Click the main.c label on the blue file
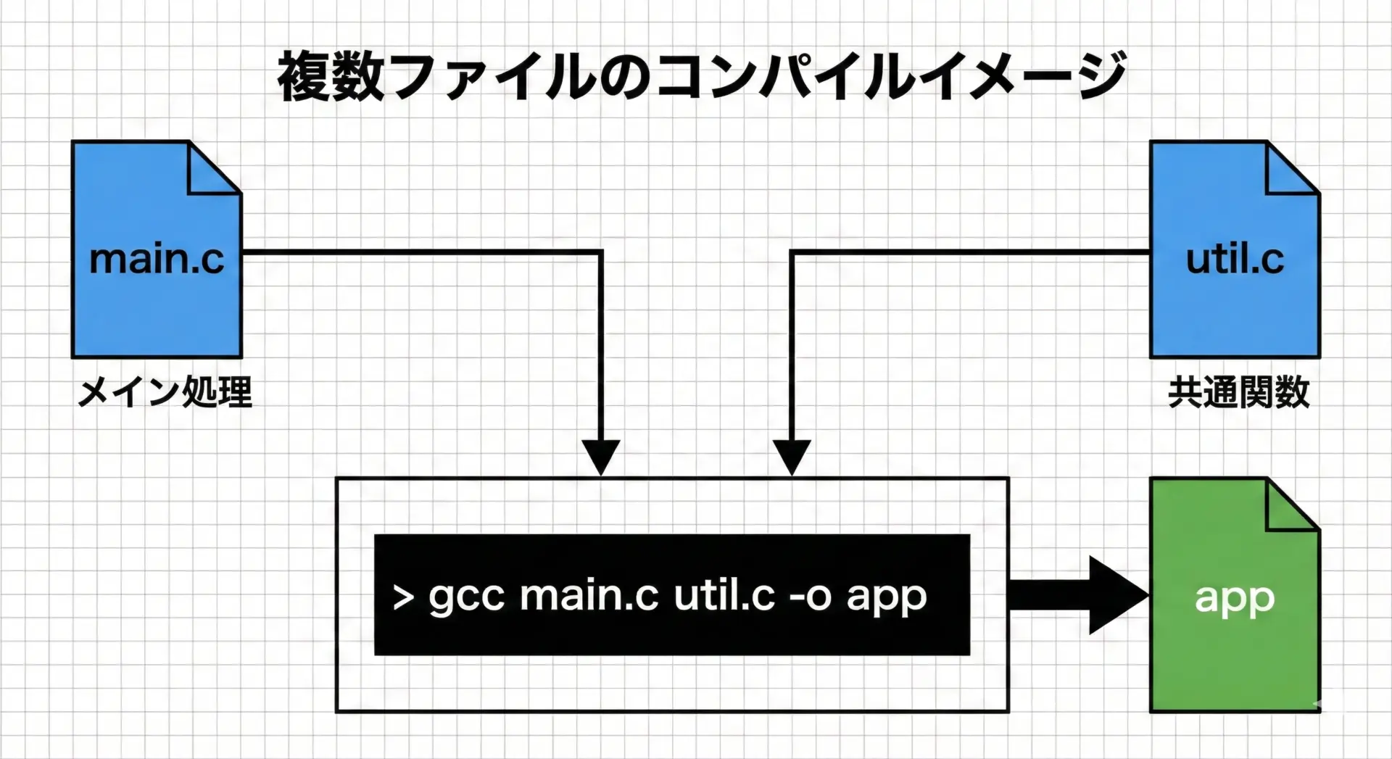tap(157, 259)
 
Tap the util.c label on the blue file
tap(1234, 259)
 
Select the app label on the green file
tap(1234, 599)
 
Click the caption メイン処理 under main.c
tap(165, 392)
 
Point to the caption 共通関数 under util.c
tap(1238, 392)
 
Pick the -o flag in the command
tap(809, 597)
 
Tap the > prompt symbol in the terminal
tap(403, 597)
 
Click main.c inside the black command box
tap(589, 596)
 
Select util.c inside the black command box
tap(724, 596)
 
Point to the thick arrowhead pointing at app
tap(1117, 595)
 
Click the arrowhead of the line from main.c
tap(601, 456)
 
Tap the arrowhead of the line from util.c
tap(792, 456)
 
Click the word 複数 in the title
tap(331, 75)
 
